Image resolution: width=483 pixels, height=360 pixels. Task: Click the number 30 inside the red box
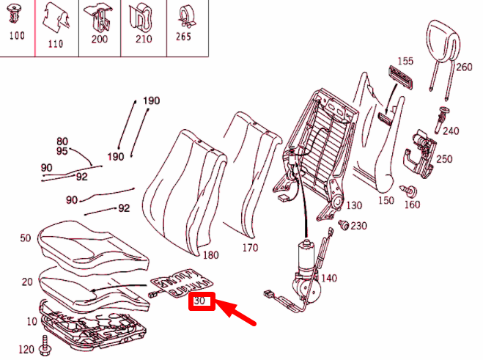point(202,301)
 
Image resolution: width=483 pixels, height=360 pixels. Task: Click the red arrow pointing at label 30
point(237,311)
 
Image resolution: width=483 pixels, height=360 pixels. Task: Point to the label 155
point(406,61)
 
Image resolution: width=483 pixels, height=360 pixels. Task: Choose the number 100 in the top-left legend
point(16,34)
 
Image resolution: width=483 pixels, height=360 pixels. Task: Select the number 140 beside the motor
point(328,278)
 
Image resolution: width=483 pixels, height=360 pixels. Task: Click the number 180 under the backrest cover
point(210,255)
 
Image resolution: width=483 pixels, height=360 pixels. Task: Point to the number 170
point(250,248)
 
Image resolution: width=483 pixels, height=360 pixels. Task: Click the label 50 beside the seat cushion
point(26,238)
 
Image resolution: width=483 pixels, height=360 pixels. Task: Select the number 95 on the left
point(62,151)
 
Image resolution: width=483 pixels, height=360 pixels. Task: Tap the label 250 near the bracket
point(444,158)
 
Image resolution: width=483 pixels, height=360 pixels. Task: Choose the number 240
point(450,131)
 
